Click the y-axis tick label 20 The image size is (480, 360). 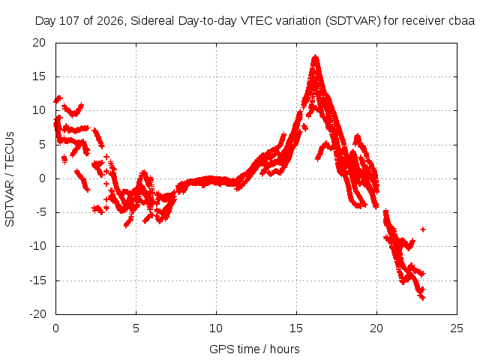tap(39, 43)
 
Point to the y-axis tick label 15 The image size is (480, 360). tap(39, 76)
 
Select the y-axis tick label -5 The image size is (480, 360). tap(38, 212)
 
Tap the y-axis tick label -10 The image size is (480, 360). tap(37, 246)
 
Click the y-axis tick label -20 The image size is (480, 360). tap(37, 314)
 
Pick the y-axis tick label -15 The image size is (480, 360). tap(37, 280)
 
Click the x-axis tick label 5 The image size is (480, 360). tap(136, 328)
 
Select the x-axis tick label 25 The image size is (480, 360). tap(457, 328)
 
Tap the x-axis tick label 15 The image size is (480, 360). tap(296, 328)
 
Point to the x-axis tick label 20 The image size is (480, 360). tap(376, 328)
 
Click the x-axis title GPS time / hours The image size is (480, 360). tap(254, 349)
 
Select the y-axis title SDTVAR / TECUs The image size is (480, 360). tap(10, 179)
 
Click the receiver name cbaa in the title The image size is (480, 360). tap(462, 21)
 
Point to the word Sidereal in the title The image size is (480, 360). tap(152, 21)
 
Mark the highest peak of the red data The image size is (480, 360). tap(315, 56)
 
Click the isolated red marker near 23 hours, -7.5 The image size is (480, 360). tap(423, 229)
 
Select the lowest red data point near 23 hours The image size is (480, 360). tap(422, 298)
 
